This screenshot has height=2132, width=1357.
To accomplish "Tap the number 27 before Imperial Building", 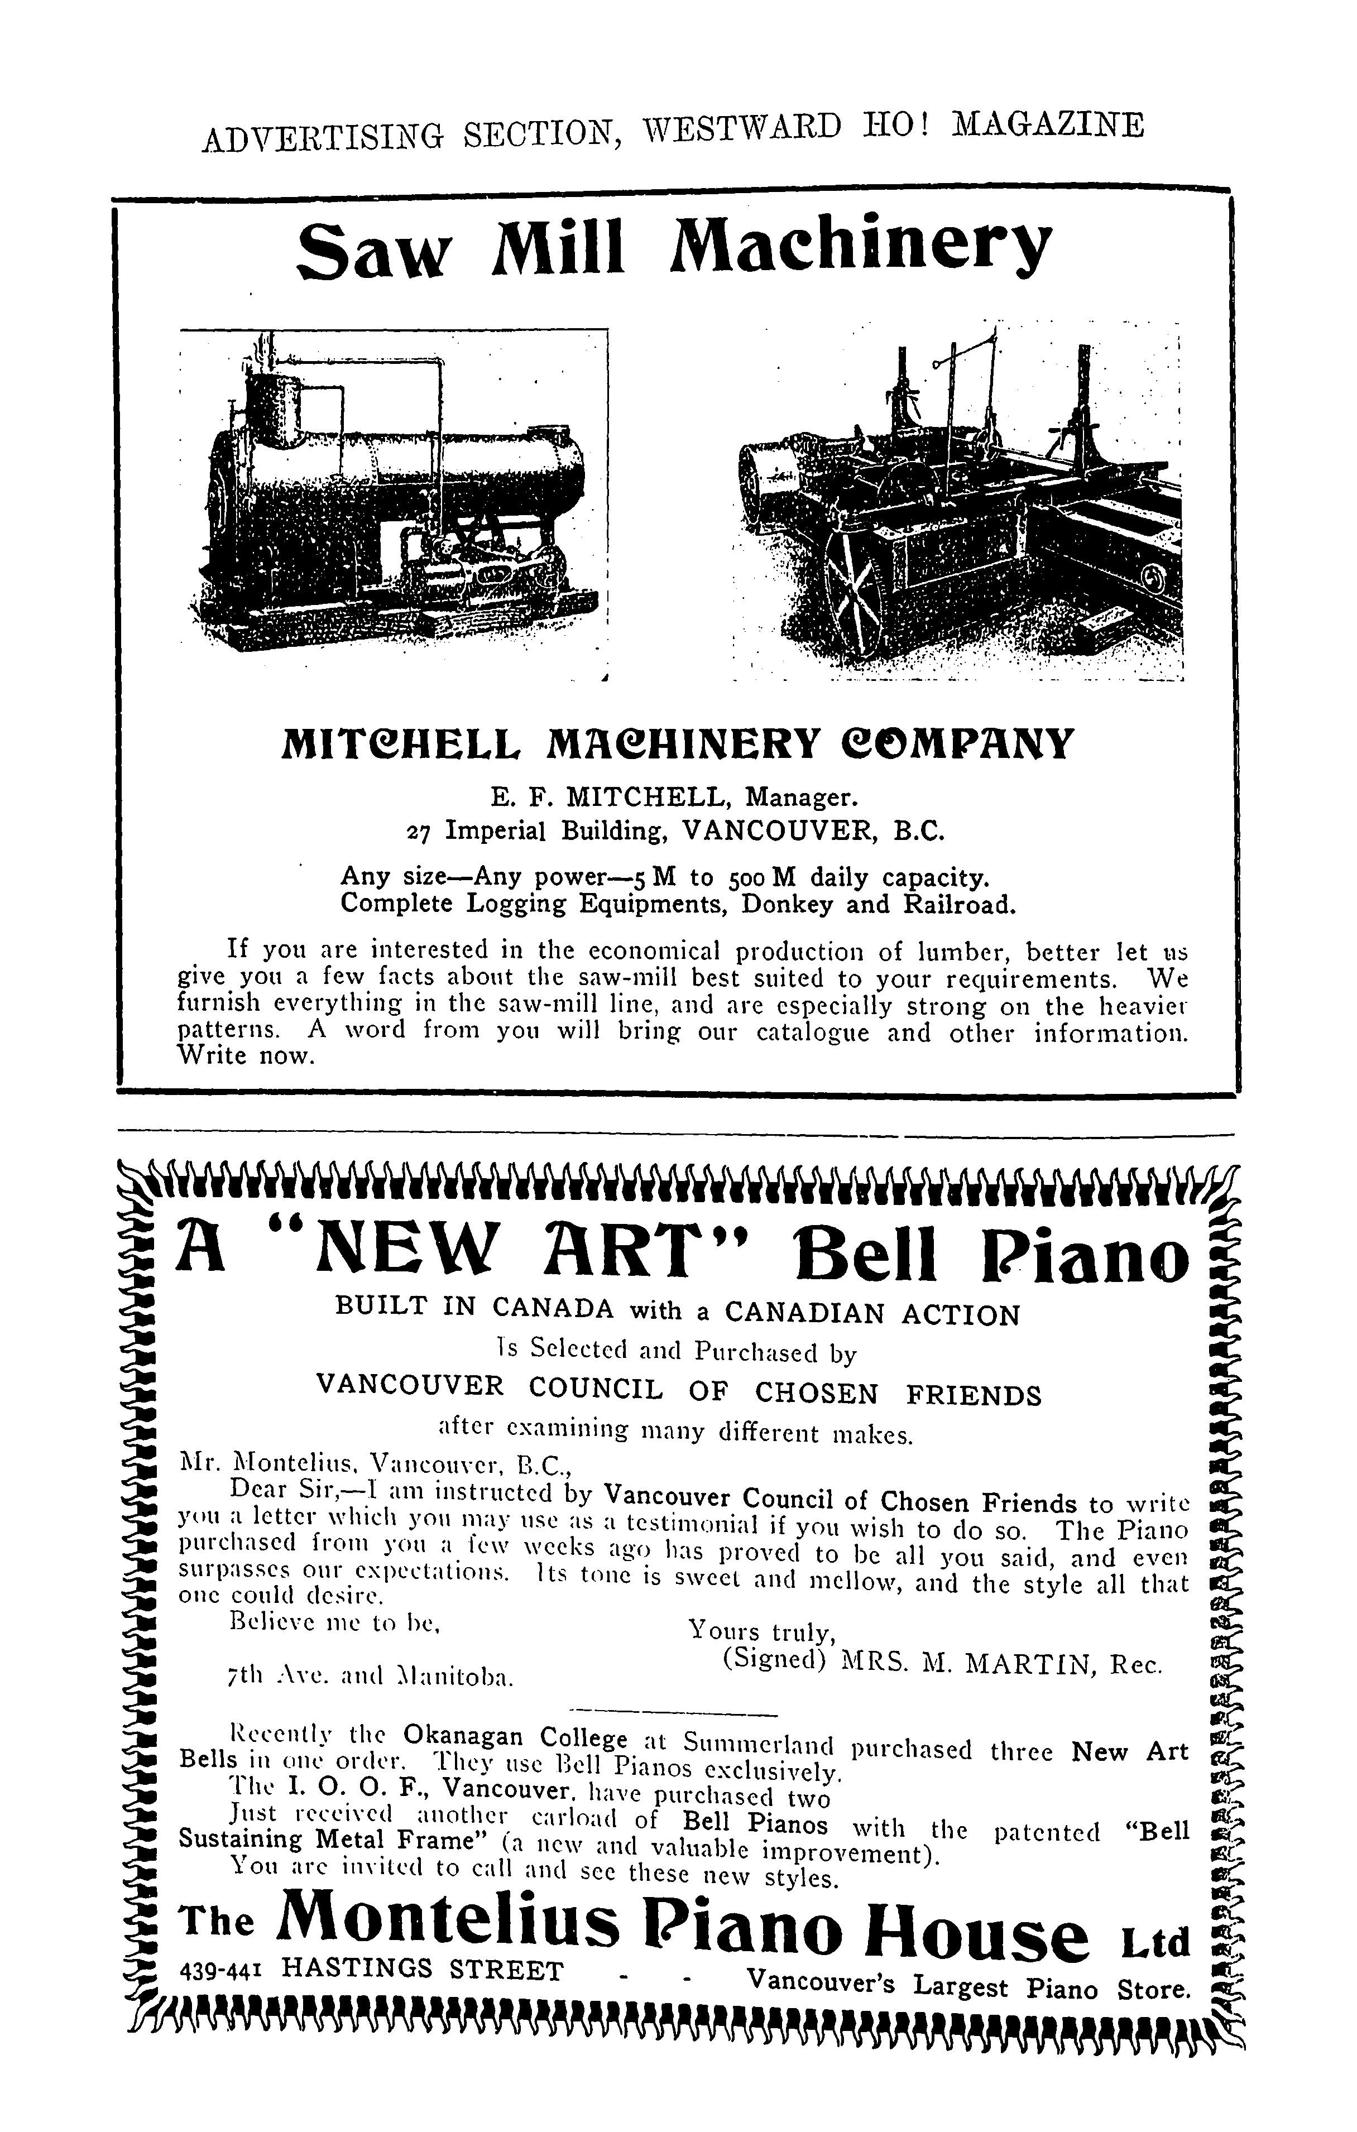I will click(x=420, y=833).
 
